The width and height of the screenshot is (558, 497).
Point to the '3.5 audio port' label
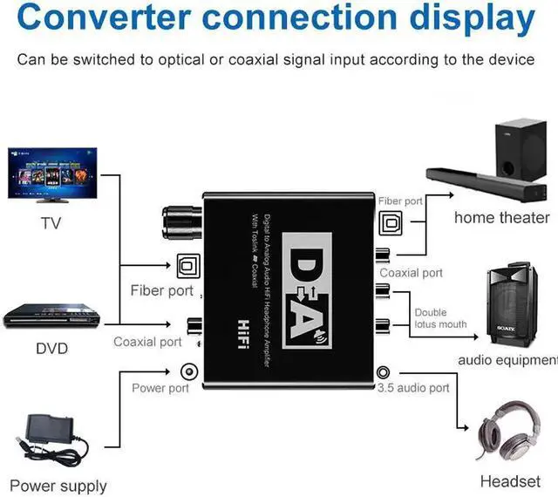coord(413,387)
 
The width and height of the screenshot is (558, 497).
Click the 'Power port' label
coord(160,387)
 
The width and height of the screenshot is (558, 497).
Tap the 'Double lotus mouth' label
coord(440,318)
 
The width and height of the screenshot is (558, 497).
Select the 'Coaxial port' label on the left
coord(147,342)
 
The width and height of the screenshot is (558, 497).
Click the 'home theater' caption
coord(501,217)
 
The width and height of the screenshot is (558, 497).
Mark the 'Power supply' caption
coord(58,486)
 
